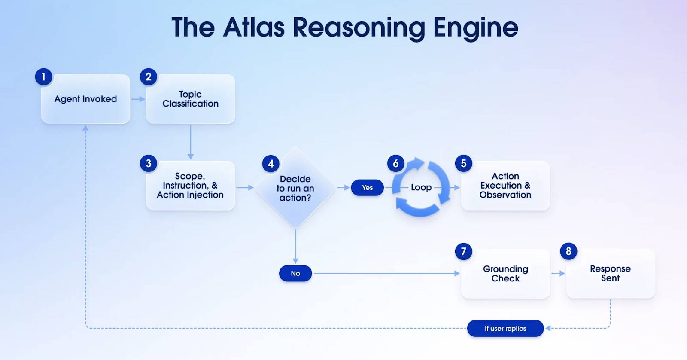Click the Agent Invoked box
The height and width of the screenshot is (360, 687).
85,99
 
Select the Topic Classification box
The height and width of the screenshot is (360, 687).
190,99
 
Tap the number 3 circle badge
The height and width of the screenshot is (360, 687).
149,163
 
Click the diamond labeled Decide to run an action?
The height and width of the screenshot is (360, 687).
295,188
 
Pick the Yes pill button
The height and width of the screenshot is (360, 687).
367,188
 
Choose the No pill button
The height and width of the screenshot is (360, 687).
295,273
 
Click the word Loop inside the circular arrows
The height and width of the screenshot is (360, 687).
421,187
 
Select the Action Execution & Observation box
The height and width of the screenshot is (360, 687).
505,186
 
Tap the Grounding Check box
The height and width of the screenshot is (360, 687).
505,274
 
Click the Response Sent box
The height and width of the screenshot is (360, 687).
610,273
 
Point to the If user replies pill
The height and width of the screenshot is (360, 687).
505,328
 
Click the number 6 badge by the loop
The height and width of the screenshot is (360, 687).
396,163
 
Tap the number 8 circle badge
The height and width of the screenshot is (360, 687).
568,251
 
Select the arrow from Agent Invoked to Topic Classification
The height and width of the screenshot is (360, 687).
138,99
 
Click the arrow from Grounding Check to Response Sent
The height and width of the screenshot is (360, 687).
558,273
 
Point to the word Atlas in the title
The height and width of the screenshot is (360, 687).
254,27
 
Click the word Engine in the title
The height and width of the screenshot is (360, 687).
475,27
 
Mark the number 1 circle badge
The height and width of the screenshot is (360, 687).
43,77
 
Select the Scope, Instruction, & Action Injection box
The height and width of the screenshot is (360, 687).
190,186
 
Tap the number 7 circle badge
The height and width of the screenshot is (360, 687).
463,251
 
